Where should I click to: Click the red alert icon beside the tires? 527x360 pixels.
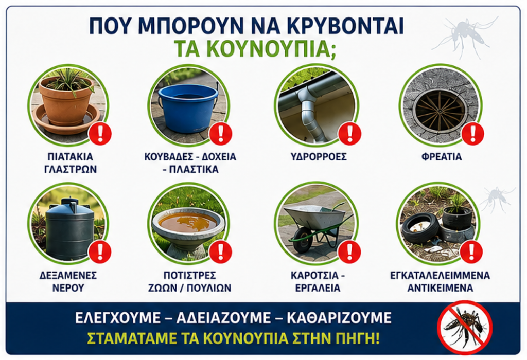click(x=471, y=252)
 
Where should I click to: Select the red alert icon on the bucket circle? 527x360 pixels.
click(x=221, y=133)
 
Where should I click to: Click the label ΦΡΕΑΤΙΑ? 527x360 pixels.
click(x=441, y=156)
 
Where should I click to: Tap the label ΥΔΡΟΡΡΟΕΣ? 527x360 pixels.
click(x=318, y=156)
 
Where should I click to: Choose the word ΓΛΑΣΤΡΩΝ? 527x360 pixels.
click(x=71, y=169)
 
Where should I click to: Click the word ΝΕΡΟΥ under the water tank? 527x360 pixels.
click(x=68, y=288)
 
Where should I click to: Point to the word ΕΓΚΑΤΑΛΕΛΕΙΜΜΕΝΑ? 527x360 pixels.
click(x=440, y=275)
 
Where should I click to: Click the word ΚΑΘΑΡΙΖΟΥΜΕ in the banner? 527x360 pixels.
click(x=339, y=318)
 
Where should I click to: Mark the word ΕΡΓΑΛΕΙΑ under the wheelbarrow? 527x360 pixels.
click(x=318, y=288)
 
